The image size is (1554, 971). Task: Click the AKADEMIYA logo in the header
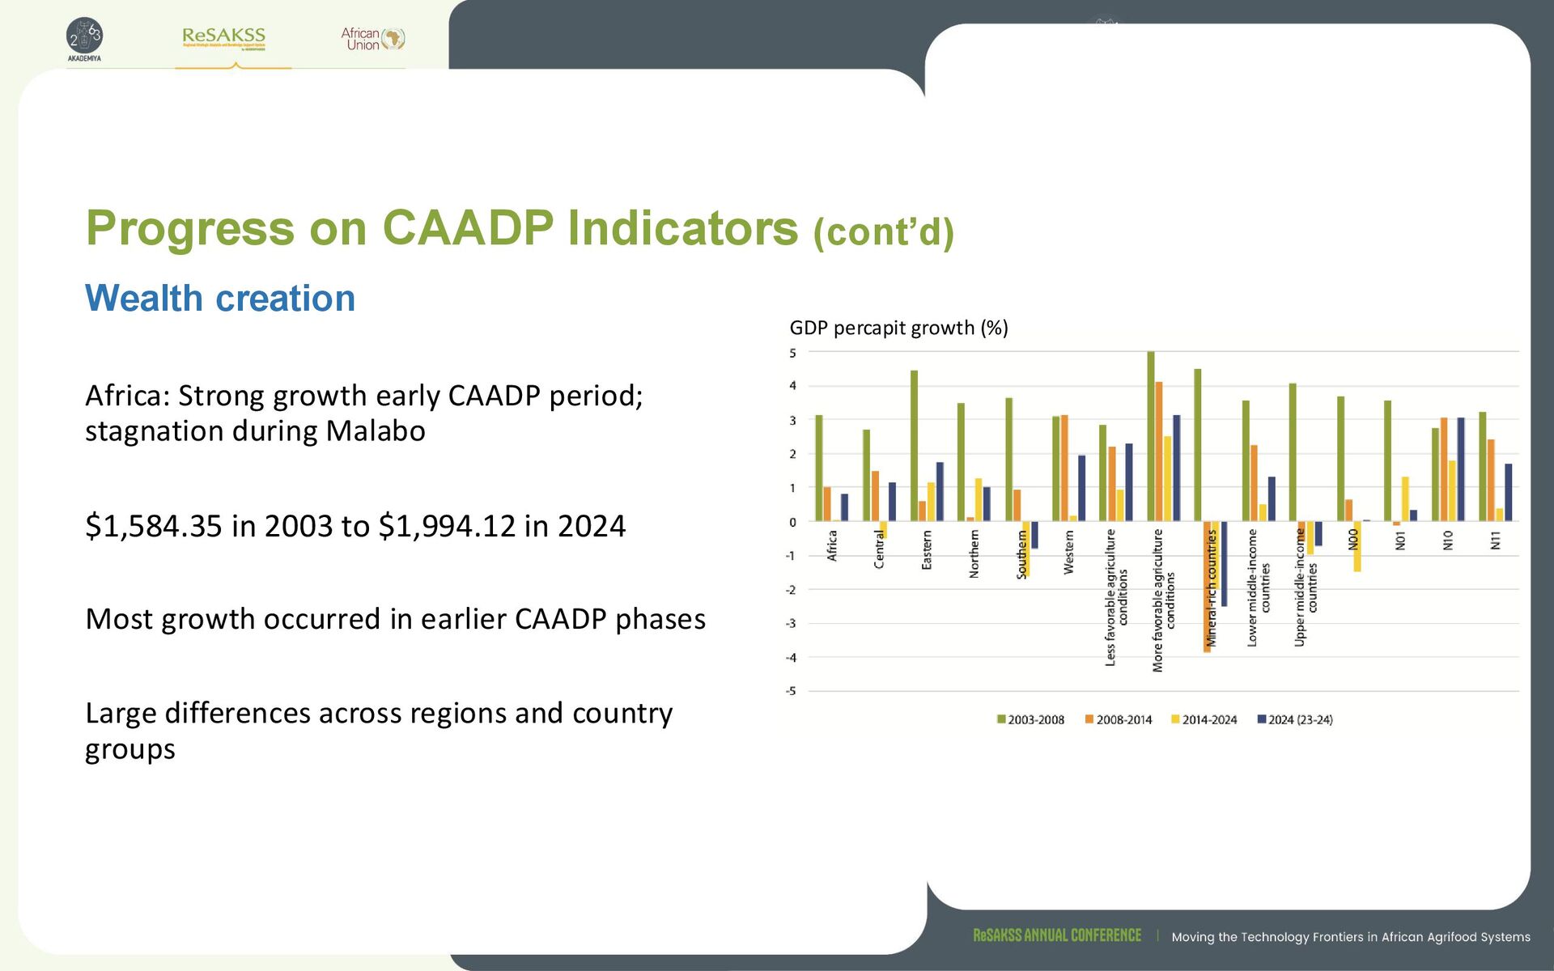pyautogui.click(x=84, y=39)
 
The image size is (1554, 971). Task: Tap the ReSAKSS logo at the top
pyautogui.click(x=224, y=37)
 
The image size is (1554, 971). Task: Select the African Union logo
pyautogui.click(x=372, y=39)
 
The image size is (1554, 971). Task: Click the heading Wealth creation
pyautogui.click(x=220, y=299)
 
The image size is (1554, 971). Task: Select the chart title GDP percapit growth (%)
pyautogui.click(x=898, y=328)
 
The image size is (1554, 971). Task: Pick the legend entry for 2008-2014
pyautogui.click(x=1119, y=719)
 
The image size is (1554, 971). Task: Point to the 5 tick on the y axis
pyautogui.click(x=792, y=353)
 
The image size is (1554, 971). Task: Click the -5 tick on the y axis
pyautogui.click(x=791, y=691)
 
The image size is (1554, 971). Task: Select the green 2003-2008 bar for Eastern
pyautogui.click(x=914, y=445)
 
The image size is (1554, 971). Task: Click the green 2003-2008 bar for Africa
pyautogui.click(x=819, y=468)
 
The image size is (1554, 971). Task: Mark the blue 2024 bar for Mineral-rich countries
pyautogui.click(x=1224, y=563)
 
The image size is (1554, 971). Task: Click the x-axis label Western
pyautogui.click(x=1069, y=553)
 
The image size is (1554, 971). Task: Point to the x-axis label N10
pyautogui.click(x=1448, y=541)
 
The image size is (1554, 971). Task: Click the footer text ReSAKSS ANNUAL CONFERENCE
pyautogui.click(x=1057, y=935)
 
